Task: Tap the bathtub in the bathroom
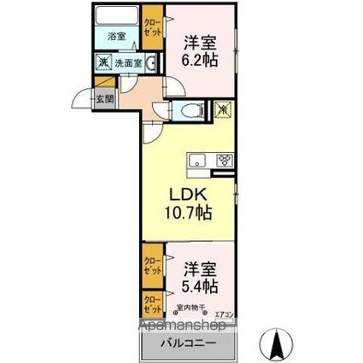pos(117,18)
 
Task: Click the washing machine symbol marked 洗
pos(102,61)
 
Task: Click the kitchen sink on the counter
pos(197,159)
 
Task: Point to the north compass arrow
pos(278,343)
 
